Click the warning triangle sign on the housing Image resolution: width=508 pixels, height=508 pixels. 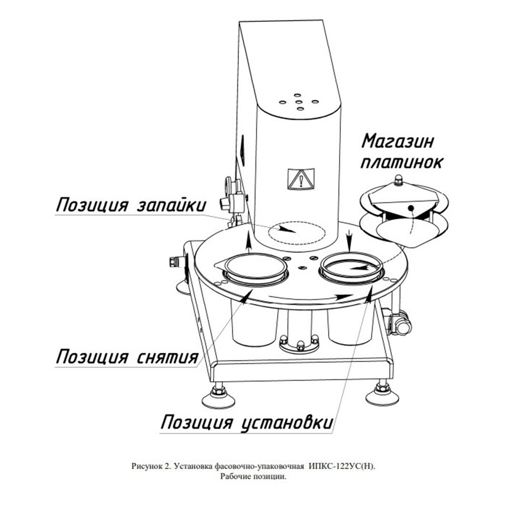[301, 179]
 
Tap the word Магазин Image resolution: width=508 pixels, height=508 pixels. [398, 141]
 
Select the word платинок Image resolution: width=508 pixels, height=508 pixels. [402, 162]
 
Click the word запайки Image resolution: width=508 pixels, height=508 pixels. [171, 205]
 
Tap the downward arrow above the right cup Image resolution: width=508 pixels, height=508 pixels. [349, 240]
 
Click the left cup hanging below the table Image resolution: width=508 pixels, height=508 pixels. [254, 322]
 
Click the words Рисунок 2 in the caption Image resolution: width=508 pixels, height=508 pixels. [150, 466]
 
